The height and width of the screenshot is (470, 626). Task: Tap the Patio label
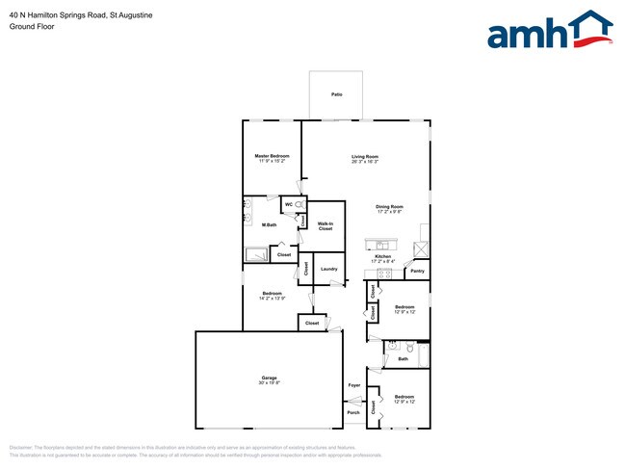click(x=337, y=94)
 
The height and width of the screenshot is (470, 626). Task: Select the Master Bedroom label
click(x=272, y=156)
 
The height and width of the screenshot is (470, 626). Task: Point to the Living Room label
click(x=364, y=156)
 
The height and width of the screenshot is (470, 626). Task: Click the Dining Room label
click(x=389, y=206)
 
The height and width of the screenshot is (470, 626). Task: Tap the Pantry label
click(x=417, y=272)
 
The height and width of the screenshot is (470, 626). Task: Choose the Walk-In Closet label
click(x=326, y=225)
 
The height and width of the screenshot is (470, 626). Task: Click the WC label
click(x=289, y=205)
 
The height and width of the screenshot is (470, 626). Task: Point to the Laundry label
click(x=327, y=269)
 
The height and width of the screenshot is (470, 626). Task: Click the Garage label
click(x=269, y=378)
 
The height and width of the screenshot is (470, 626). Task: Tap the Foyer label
click(x=353, y=385)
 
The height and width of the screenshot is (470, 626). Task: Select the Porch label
click(x=353, y=412)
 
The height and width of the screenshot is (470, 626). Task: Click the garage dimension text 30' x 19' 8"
click(x=269, y=383)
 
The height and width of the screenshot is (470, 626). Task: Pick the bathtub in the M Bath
click(x=257, y=254)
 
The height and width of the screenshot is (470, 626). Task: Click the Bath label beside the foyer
click(x=403, y=359)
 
